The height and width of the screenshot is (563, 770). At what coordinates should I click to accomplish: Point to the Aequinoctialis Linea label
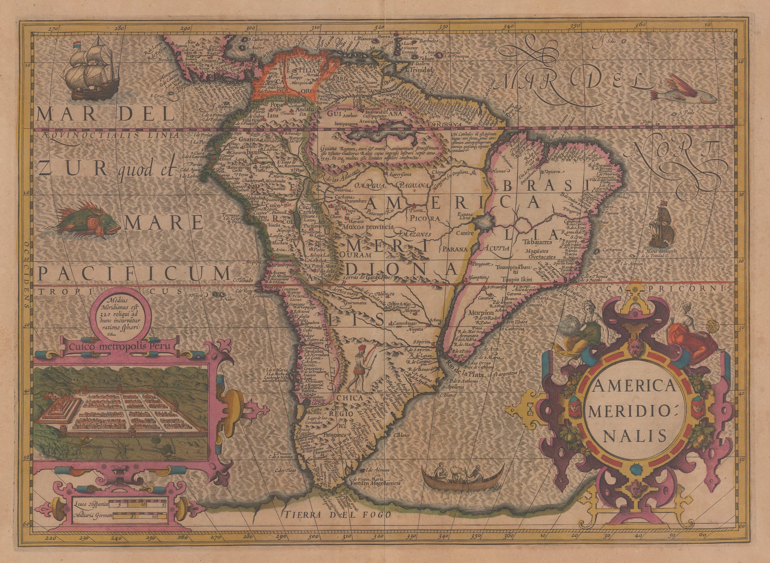tap(111, 135)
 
